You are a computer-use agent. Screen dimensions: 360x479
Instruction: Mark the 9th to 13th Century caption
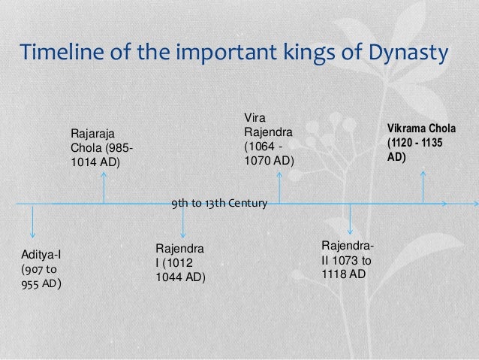click(214, 203)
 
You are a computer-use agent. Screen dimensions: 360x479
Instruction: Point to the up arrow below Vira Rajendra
click(279, 186)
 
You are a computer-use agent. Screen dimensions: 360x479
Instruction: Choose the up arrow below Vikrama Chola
click(423, 186)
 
